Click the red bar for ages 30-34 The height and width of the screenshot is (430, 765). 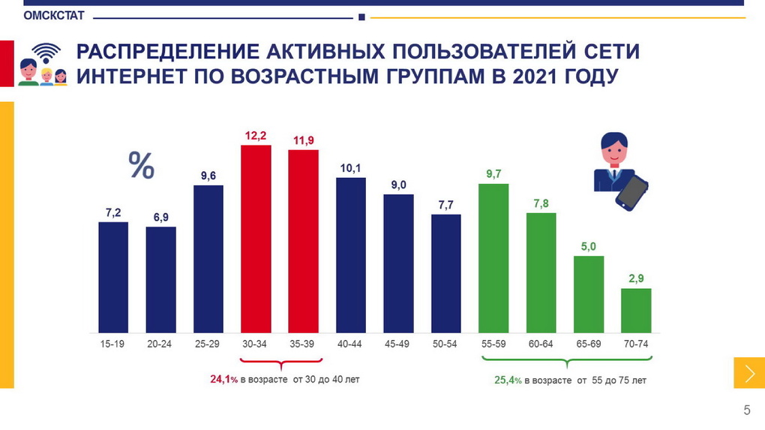tap(256, 239)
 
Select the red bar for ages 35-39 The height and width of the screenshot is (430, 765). tap(303, 241)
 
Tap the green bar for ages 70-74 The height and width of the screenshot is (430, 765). tap(636, 310)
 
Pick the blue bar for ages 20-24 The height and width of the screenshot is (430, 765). tap(160, 279)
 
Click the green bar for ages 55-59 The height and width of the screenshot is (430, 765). tap(493, 257)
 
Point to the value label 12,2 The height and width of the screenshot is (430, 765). tap(256, 135)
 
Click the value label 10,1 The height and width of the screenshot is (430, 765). tap(350, 168)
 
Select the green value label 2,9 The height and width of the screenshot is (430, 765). tap(636, 279)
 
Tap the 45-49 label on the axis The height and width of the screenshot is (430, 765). tap(398, 344)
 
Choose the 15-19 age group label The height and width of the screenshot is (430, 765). tap(113, 344)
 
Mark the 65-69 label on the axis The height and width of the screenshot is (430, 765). tap(589, 344)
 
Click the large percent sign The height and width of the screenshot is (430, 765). tap(141, 165)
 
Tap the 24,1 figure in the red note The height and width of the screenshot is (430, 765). tap(221, 380)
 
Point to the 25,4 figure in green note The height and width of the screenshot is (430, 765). tap(505, 380)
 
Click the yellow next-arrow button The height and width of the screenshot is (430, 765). tap(748, 373)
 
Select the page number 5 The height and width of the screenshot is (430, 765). tap(746, 410)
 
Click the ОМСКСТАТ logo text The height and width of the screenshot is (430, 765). tap(54, 16)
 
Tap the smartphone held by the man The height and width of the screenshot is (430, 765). tap(632, 191)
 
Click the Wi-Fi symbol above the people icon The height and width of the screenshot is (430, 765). tap(47, 53)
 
